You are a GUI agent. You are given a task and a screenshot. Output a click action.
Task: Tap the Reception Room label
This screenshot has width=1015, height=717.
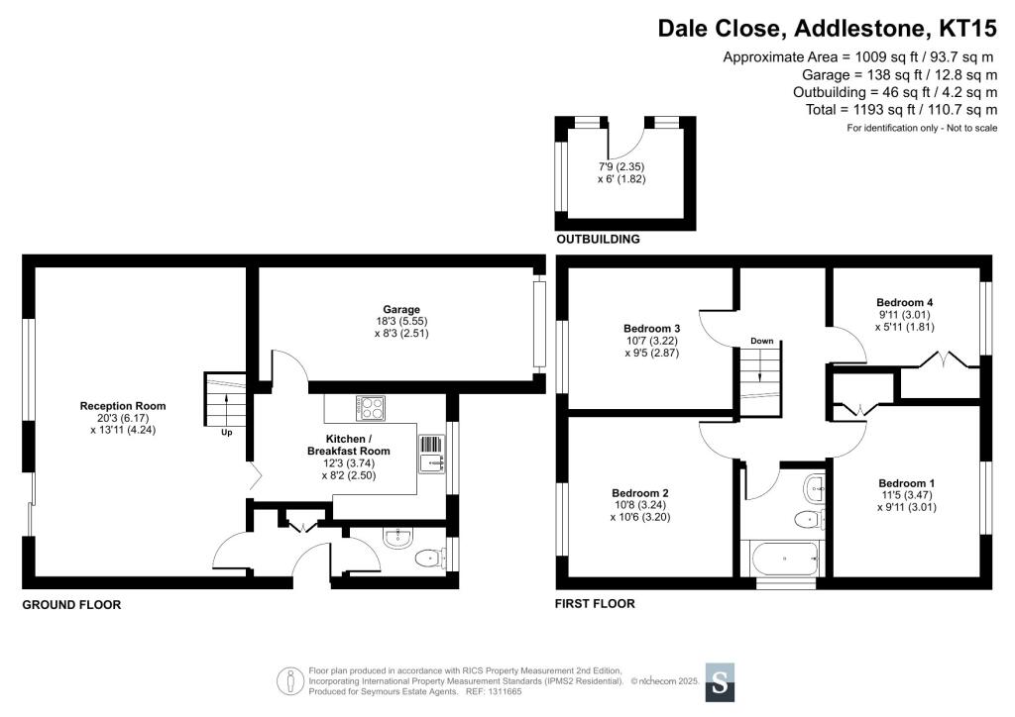(x=123, y=406)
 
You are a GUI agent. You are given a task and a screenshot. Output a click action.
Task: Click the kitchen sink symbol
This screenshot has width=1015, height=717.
(x=432, y=453)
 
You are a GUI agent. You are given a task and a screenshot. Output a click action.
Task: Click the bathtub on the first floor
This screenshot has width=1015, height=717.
(x=786, y=562)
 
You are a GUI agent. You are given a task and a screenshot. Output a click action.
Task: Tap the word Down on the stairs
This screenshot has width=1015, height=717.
(x=761, y=341)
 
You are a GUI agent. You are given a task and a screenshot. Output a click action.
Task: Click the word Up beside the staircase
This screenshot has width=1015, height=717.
(x=226, y=432)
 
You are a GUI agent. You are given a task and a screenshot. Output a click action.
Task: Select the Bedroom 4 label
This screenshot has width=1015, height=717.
(x=905, y=302)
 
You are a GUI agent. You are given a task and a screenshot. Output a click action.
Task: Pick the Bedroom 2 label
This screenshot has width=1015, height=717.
(x=640, y=493)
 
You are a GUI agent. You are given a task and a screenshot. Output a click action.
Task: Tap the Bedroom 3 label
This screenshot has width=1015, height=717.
(x=651, y=329)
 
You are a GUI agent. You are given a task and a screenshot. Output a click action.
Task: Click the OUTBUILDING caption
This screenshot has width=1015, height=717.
(x=598, y=240)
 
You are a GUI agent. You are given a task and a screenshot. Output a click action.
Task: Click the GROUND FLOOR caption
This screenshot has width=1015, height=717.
(x=71, y=604)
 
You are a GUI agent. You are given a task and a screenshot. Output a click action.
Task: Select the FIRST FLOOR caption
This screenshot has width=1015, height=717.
(x=596, y=603)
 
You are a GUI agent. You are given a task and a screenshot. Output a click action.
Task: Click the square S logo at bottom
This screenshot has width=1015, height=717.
(x=721, y=682)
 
